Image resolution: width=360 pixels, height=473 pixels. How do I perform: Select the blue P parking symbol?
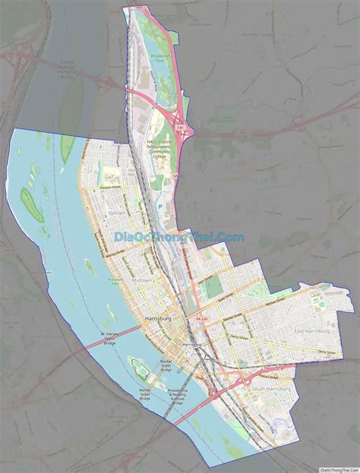point(160,204)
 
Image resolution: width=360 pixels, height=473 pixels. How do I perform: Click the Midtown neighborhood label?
point(141,281)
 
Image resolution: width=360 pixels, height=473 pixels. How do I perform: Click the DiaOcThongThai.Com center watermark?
point(179,238)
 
